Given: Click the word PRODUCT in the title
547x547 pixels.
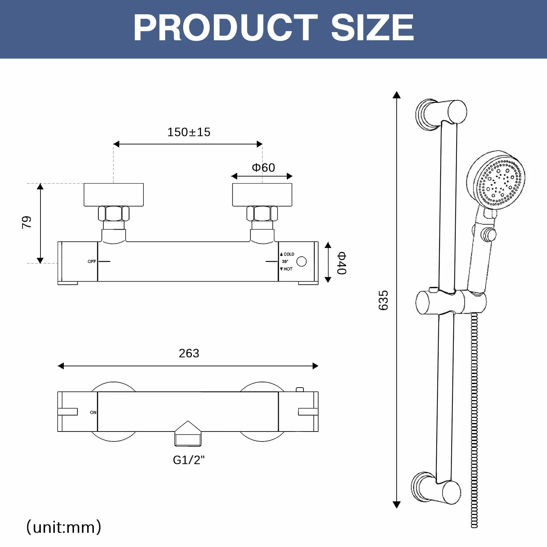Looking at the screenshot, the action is [x=225, y=28].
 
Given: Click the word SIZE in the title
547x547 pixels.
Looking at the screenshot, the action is [x=372, y=28].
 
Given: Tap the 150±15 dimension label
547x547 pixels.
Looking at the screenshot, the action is [x=189, y=132].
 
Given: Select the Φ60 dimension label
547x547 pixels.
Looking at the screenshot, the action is [x=263, y=168].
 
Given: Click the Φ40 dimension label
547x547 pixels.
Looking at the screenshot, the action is [x=342, y=263].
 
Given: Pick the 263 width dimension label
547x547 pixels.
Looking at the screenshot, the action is [x=189, y=353].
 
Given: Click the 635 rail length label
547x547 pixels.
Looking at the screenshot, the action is [x=383, y=300].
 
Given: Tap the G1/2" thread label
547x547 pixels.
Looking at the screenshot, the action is [x=189, y=460].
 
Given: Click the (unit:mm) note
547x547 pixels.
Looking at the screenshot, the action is [x=64, y=527].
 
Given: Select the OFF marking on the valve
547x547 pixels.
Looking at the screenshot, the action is [x=92, y=262].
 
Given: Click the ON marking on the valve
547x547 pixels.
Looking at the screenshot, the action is [x=93, y=412].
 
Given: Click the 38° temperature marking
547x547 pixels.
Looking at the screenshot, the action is [x=285, y=262].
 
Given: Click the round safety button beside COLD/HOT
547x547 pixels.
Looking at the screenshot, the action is [x=301, y=262].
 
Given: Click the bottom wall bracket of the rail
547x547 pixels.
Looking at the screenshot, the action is [x=436, y=488].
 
